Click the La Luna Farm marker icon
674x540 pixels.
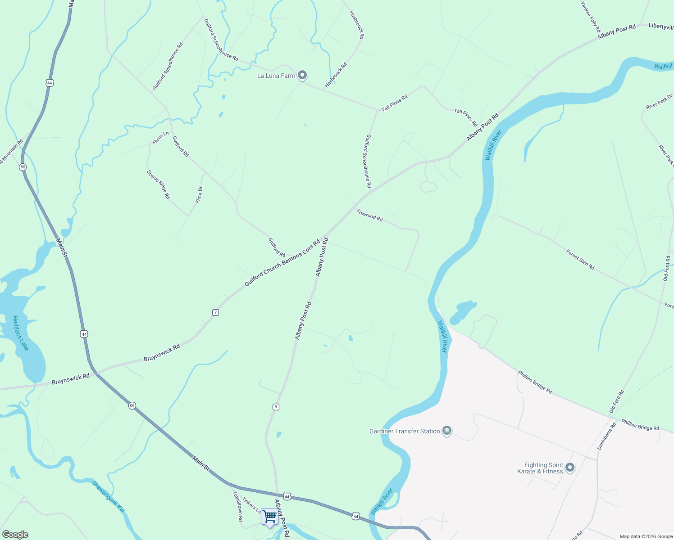tap(303, 75)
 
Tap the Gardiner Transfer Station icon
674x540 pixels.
tap(447, 431)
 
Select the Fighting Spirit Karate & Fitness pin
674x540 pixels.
tap(570, 468)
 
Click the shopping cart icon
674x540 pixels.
tap(269, 517)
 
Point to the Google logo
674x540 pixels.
tap(15, 535)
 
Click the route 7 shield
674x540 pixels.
tap(216, 312)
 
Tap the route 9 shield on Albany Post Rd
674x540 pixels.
tap(276, 407)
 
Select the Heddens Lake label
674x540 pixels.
tap(20, 333)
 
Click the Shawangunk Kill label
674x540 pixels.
tap(108, 496)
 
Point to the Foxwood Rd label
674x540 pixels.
tap(369, 215)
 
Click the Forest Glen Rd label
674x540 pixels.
tap(580, 260)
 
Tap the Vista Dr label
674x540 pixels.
tap(199, 195)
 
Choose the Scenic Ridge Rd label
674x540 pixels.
tap(159, 184)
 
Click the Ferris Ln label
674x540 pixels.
tap(160, 138)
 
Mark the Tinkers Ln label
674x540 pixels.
tap(251, 505)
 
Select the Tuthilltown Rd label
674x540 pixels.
tap(237, 506)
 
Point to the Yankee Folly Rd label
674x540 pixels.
tap(591, 17)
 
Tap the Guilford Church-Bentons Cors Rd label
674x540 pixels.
tap(282, 263)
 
